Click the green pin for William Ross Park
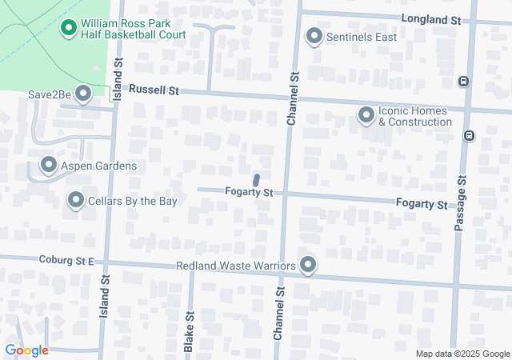[69, 29]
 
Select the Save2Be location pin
[82, 93]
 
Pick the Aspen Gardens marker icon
[48, 166]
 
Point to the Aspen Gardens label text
[100, 166]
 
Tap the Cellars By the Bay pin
[76, 200]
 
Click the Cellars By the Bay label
[133, 201]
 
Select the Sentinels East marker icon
[314, 36]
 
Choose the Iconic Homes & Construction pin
[366, 116]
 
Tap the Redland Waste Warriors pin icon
[308, 265]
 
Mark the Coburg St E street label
[66, 260]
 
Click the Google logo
[26, 350]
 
